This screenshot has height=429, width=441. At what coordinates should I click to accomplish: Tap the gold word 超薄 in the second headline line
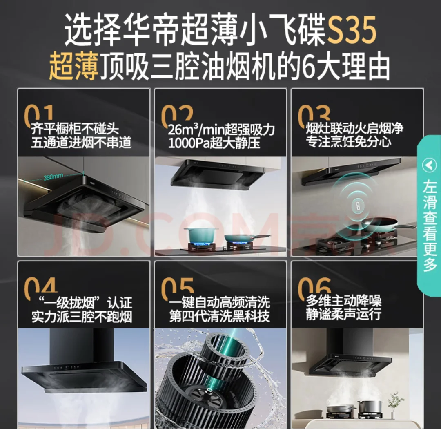pyautogui.click(x=73, y=68)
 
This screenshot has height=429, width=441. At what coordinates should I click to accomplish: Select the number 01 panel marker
pyautogui.click(x=39, y=115)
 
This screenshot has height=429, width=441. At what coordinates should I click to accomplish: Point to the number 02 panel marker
pyautogui.click(x=176, y=115)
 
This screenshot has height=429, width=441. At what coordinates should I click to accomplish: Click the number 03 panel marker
pyautogui.click(x=314, y=115)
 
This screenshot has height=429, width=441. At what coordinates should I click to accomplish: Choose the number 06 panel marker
pyautogui.click(x=314, y=287)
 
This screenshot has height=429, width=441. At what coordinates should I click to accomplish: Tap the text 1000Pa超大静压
pyautogui.click(x=214, y=143)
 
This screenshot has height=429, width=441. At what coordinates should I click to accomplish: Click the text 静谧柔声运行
pyautogui.click(x=344, y=315)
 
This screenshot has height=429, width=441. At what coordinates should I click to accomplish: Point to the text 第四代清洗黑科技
pyautogui.click(x=220, y=316)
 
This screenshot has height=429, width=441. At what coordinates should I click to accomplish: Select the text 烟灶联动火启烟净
pyautogui.click(x=354, y=129)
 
